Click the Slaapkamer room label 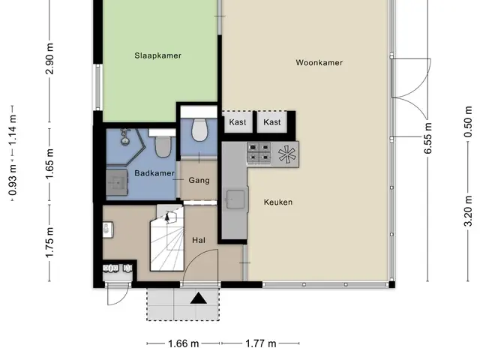click(x=158, y=55)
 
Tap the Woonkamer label click(x=319, y=62)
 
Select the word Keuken click(x=278, y=202)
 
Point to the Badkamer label click(x=154, y=173)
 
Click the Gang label click(x=199, y=180)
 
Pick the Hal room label click(x=199, y=240)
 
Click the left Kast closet click(x=238, y=122)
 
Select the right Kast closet click(x=271, y=122)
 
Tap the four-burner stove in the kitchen click(x=259, y=152)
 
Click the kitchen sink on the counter click(x=235, y=199)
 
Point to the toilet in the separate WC click(x=199, y=130)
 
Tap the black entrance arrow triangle click(x=199, y=298)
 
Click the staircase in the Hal click(x=167, y=238)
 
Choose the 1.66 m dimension click(x=183, y=343)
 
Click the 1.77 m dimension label click(x=261, y=343)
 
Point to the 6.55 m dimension click(x=427, y=138)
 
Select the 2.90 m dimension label click(x=49, y=58)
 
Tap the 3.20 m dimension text click(x=468, y=211)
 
